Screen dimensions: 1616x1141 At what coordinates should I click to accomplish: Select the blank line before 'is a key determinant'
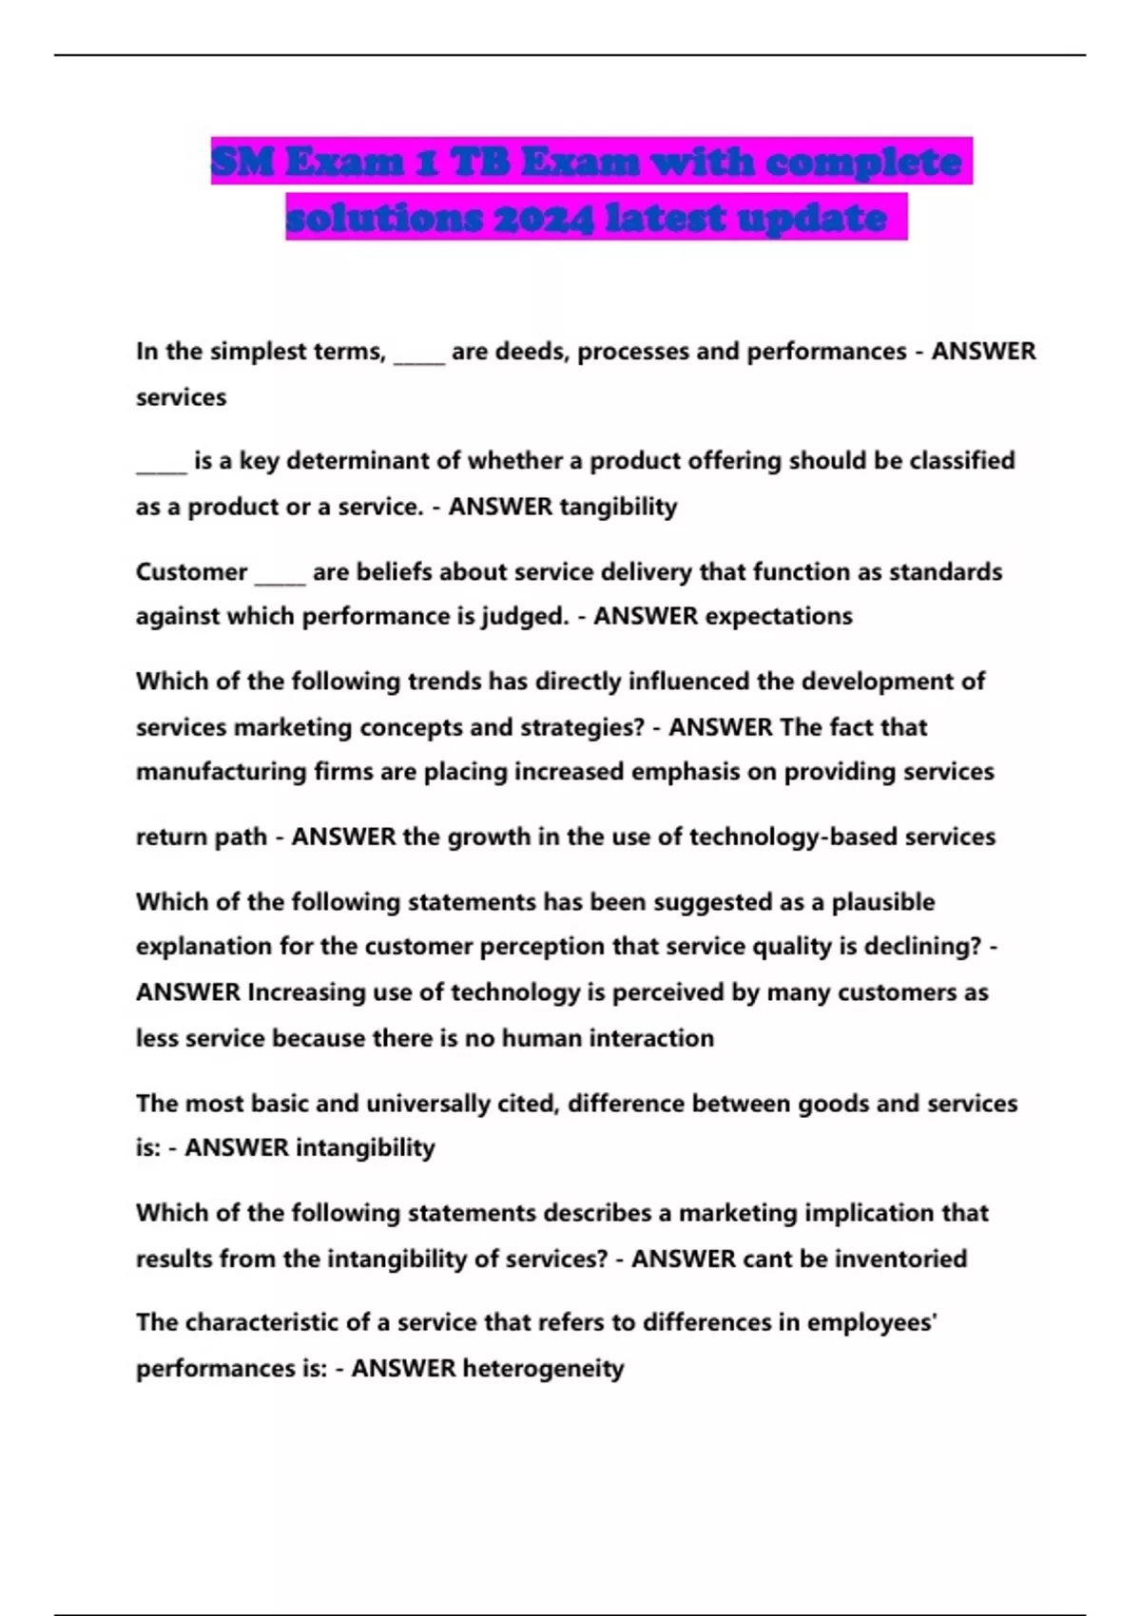click(161, 466)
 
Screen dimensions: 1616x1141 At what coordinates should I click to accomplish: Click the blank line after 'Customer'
click(280, 577)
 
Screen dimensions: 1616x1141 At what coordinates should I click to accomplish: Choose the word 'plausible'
click(883, 901)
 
